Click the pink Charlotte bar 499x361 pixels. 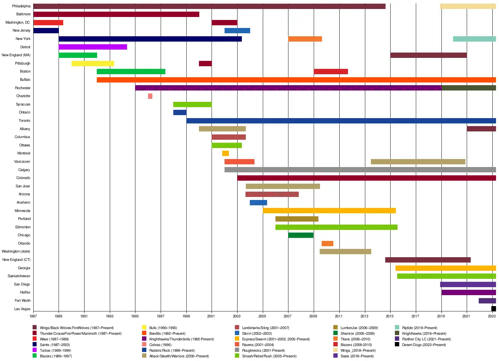tap(150, 96)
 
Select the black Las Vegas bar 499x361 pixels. tap(494, 309)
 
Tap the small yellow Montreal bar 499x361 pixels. tap(226, 153)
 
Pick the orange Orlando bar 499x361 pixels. tap(327, 244)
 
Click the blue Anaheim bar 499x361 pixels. tap(258, 203)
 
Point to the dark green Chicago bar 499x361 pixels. tap(301, 235)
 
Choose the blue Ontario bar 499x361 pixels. tap(180, 112)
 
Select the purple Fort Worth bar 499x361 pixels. tap(487, 301)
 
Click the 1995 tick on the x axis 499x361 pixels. tap(135, 316)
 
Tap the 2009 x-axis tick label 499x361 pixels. tap(313, 316)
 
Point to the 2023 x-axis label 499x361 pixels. tap(492, 316)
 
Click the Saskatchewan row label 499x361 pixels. tap(19, 276)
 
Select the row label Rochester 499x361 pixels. tap(23, 88)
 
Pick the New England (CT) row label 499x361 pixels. tap(16, 260)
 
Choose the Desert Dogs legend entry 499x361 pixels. tap(423, 345)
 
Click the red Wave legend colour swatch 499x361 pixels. tap(35, 339)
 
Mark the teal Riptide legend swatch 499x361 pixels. tap(397, 327)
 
